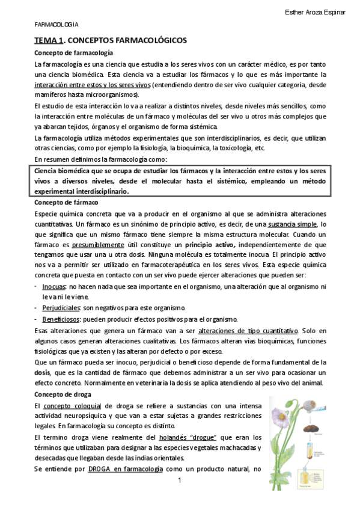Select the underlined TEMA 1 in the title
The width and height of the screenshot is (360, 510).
pos(48,40)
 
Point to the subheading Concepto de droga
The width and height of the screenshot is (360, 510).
pos(63,394)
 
